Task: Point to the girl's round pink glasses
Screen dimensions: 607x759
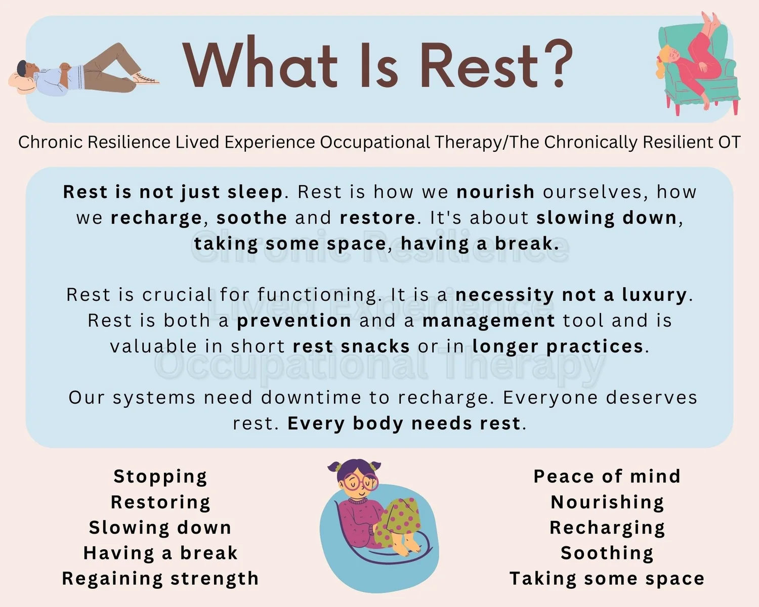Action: pyautogui.click(x=360, y=481)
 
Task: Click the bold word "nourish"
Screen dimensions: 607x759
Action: pyautogui.click(x=495, y=192)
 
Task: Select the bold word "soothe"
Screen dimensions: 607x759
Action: pyautogui.click(x=251, y=218)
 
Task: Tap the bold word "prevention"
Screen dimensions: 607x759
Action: pyautogui.click(x=294, y=321)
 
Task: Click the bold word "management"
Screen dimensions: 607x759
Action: pyautogui.click(x=488, y=321)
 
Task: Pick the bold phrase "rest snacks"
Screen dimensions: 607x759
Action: pyautogui.click(x=351, y=346)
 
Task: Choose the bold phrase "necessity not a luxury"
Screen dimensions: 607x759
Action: pyautogui.click(x=571, y=295)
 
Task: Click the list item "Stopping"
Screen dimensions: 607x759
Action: pyautogui.click(x=160, y=476)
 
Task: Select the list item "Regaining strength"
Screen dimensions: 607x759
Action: pyautogui.click(x=160, y=578)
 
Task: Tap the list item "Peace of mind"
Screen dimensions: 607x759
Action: pyautogui.click(x=607, y=476)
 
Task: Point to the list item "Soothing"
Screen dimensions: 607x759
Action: pyautogui.click(x=607, y=553)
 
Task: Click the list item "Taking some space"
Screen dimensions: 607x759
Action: pyautogui.click(x=607, y=578)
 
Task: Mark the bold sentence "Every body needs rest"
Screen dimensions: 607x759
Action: pyautogui.click(x=404, y=423)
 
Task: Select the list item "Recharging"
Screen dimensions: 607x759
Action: pyautogui.click(x=607, y=528)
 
